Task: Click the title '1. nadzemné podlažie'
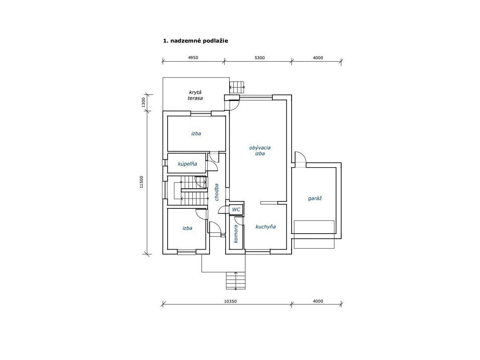tap(196, 41)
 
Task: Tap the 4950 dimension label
tap(193, 58)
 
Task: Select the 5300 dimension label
tap(260, 58)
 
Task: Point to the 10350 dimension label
tap(230, 301)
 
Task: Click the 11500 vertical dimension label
tap(142, 182)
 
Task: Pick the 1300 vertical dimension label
tap(143, 102)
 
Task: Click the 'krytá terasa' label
tap(195, 95)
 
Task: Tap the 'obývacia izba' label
tap(260, 150)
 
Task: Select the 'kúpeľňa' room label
tap(188, 164)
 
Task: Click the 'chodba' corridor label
tap(216, 192)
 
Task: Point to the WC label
tap(236, 209)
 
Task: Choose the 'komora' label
tap(236, 234)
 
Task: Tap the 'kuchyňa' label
tap(266, 227)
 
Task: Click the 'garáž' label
tap(315, 198)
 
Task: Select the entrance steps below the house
tap(236, 281)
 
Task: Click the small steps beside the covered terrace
tap(237, 87)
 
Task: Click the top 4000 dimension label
tap(318, 58)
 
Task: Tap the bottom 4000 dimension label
tap(318, 301)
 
